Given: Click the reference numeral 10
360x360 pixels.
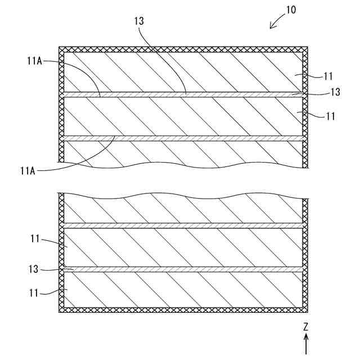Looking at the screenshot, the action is [x=291, y=10].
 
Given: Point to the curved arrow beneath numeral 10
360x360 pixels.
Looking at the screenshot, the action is [x=277, y=23].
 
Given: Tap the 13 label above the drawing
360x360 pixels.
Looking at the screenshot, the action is [x=139, y=21].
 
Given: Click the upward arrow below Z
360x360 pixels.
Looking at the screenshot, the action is [x=307, y=343].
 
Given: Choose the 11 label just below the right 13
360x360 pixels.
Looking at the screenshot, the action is [x=331, y=116].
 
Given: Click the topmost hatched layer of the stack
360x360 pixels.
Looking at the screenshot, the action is [x=180, y=72].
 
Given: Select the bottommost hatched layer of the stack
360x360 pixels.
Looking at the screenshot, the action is [x=180, y=290].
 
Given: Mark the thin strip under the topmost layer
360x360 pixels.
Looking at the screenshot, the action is [x=180, y=94].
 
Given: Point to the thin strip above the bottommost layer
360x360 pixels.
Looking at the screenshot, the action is [x=180, y=269].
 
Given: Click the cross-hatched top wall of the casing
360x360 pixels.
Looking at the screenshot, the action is [x=180, y=49].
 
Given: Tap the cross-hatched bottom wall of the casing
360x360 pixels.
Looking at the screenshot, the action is [x=180, y=310].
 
